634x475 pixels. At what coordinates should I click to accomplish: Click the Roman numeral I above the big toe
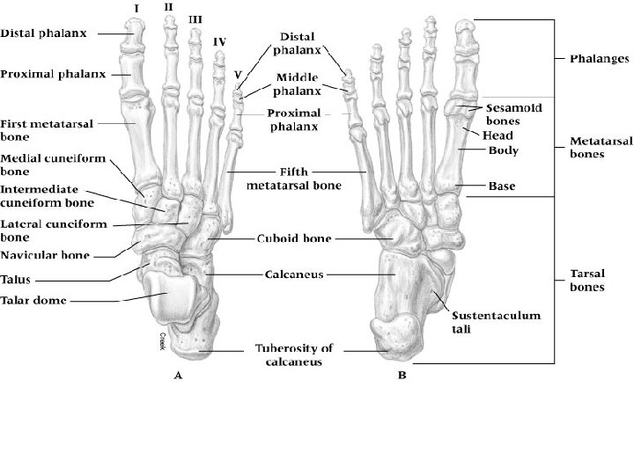[136, 8]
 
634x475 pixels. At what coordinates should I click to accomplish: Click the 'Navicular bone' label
[42, 255]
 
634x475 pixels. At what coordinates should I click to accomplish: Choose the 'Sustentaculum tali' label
[485, 319]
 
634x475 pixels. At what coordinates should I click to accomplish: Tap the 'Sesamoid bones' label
[514, 113]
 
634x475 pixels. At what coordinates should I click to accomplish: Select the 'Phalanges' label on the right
[599, 59]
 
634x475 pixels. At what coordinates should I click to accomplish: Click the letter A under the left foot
[179, 375]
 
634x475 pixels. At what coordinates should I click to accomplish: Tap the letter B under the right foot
[402, 376]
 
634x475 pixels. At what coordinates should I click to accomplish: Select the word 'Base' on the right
[501, 186]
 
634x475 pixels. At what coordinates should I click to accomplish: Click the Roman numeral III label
[195, 18]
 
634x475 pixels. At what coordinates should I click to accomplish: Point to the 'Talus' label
[16, 280]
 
